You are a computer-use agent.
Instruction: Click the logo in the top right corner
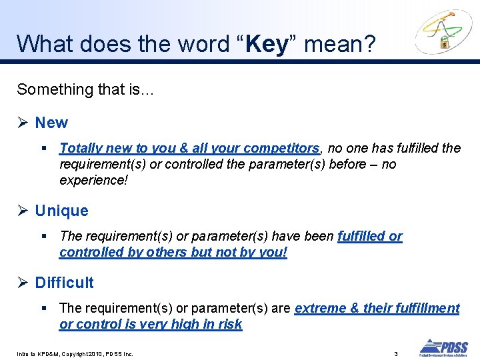[443, 32]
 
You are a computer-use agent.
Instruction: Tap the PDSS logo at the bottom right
[443, 347]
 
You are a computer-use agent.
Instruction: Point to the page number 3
[396, 353]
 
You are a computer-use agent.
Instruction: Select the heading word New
[51, 123]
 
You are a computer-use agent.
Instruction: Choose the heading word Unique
[61, 211]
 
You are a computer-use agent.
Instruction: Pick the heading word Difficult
[64, 283]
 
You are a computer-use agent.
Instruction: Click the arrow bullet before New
[23, 123]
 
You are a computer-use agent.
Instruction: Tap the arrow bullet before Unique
[23, 211]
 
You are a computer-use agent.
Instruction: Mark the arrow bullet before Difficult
[23, 283]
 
